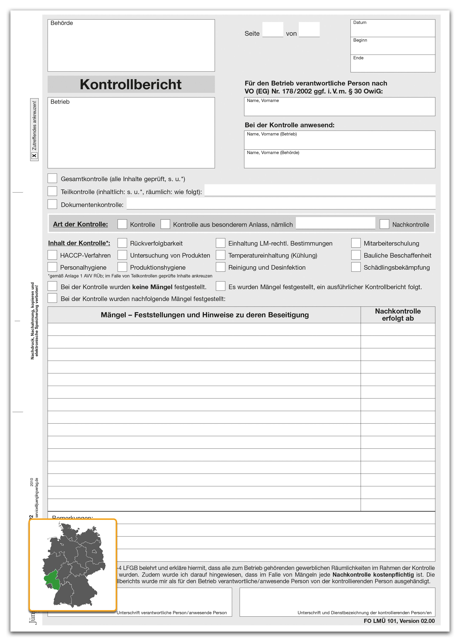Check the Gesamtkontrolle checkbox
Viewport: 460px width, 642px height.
[x=52, y=178]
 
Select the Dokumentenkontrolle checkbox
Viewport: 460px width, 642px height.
[x=52, y=204]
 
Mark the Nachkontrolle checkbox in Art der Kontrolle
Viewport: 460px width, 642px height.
[x=384, y=224]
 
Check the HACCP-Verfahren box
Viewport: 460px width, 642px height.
[x=52, y=255]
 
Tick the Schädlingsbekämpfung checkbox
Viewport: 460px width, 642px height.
[x=356, y=267]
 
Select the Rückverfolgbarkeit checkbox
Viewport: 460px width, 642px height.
[x=122, y=243]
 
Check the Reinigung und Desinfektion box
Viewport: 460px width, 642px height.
[x=220, y=267]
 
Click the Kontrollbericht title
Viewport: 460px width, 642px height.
[x=131, y=84]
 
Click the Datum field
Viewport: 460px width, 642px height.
[x=393, y=29]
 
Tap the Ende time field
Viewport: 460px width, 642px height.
[x=393, y=65]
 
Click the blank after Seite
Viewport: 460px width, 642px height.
[x=273, y=30]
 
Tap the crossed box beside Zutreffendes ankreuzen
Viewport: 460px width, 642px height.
[x=34, y=156]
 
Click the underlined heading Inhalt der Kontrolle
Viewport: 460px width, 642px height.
[x=79, y=243]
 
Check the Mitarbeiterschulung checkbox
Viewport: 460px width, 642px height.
[x=356, y=243]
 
